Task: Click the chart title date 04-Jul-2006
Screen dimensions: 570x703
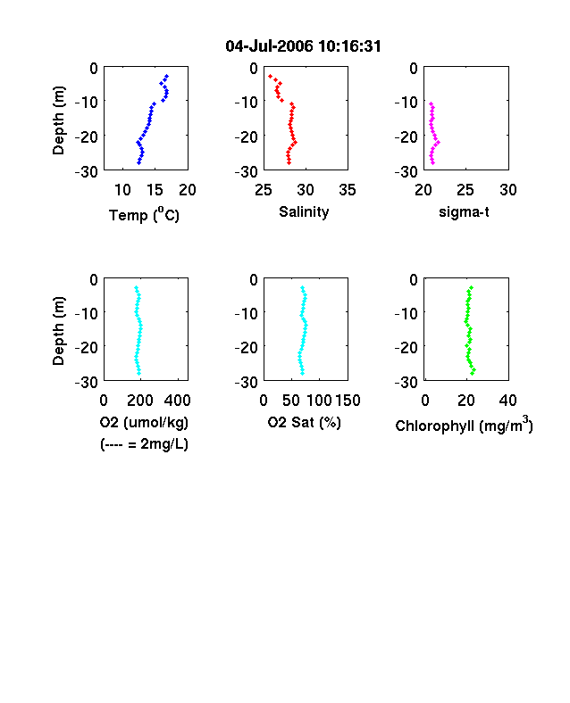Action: pyautogui.click(x=269, y=46)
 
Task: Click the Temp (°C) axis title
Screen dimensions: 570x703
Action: pyautogui.click(x=144, y=214)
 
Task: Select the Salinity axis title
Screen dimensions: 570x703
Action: pyautogui.click(x=304, y=212)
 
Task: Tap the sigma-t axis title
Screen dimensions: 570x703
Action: pyautogui.click(x=464, y=211)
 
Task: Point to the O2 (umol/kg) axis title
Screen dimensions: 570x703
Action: pyautogui.click(x=144, y=422)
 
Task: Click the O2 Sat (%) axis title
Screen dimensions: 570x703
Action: pyautogui.click(x=305, y=422)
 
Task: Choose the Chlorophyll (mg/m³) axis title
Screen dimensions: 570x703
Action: pyautogui.click(x=464, y=424)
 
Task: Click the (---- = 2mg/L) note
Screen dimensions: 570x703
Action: pyautogui.click(x=144, y=444)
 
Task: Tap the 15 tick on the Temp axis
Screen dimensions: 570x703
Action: pyautogui.click(x=155, y=190)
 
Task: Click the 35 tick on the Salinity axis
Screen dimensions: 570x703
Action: pyautogui.click(x=348, y=190)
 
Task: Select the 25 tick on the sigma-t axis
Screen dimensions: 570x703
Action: pyautogui.click(x=465, y=190)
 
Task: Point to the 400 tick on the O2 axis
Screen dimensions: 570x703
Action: pyautogui.click(x=177, y=401)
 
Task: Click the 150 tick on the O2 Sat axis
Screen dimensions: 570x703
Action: pyautogui.click(x=348, y=401)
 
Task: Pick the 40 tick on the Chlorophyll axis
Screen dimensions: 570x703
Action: pyautogui.click(x=507, y=401)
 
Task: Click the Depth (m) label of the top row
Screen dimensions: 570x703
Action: pyautogui.click(x=58, y=120)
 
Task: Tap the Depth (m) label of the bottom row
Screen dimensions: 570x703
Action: pyautogui.click(x=58, y=331)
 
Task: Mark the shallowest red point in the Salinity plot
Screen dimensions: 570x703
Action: pyautogui.click(x=270, y=76)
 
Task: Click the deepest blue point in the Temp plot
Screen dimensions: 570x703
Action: pyautogui.click(x=138, y=162)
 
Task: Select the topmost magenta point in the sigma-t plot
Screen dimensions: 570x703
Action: pyautogui.click(x=431, y=104)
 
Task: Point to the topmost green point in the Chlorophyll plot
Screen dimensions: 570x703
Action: pyautogui.click(x=471, y=287)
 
